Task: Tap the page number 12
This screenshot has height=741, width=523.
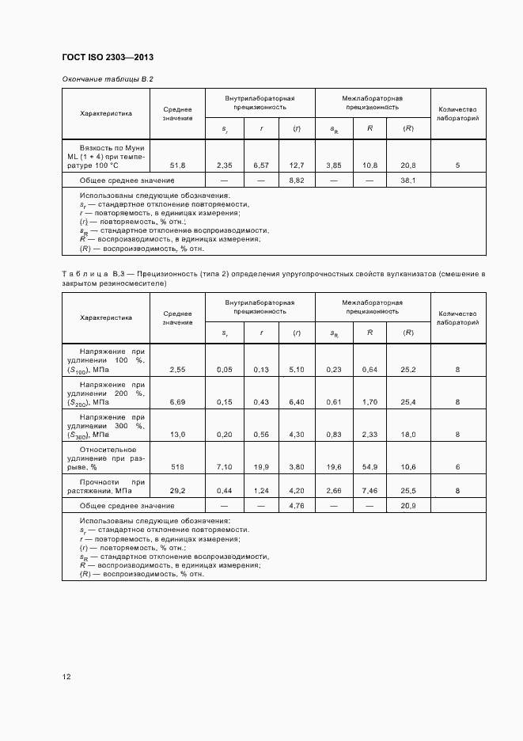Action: (x=66, y=677)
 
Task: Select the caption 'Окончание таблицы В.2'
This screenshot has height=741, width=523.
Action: (x=107, y=79)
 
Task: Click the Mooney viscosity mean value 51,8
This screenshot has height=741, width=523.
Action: (x=177, y=165)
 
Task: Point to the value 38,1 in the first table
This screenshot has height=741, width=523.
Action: (x=408, y=180)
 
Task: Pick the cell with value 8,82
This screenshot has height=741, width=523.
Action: (x=297, y=180)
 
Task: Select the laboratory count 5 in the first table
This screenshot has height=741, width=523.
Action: (x=457, y=165)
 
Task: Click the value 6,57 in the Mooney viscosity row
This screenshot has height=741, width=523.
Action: (x=261, y=165)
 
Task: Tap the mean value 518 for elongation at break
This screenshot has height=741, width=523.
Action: (x=177, y=467)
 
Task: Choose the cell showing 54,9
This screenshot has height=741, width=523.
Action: (x=370, y=467)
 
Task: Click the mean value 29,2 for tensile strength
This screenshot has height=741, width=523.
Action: (x=177, y=491)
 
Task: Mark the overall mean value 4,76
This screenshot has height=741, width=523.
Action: (x=297, y=505)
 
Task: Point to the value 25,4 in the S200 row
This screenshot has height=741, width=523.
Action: (x=408, y=402)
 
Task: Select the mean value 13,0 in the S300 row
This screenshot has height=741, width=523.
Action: (x=177, y=435)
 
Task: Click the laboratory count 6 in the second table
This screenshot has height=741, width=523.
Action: (x=457, y=467)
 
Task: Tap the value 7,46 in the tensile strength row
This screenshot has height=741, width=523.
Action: (x=370, y=491)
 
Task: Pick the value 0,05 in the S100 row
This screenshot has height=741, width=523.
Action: (x=225, y=370)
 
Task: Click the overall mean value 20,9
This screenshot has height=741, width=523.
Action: (x=408, y=505)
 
